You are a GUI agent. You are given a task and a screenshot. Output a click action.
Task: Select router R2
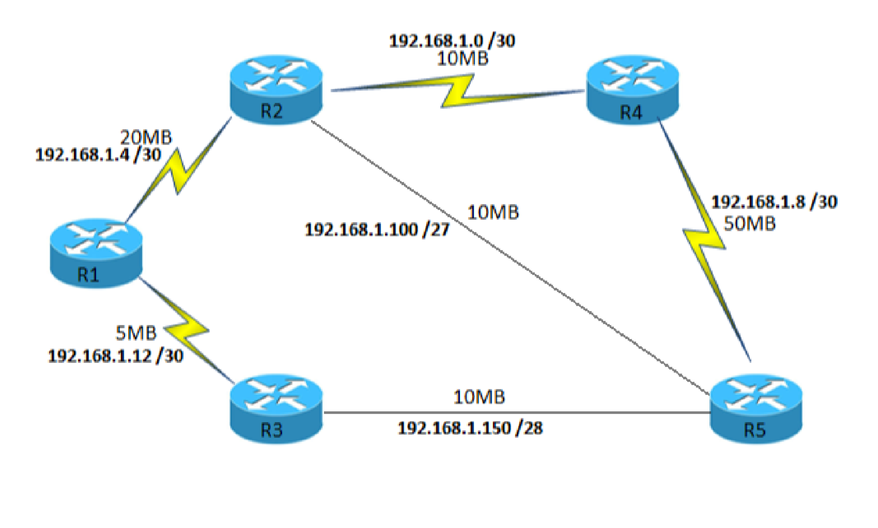click(276, 90)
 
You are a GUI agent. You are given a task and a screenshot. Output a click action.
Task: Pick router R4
click(633, 90)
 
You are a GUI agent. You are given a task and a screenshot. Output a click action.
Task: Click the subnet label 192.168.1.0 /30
click(452, 40)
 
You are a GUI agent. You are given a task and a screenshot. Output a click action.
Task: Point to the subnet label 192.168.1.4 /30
click(98, 154)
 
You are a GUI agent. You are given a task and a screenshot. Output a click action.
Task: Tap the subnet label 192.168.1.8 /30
click(774, 201)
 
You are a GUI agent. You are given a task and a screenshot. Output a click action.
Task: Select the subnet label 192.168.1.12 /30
click(115, 355)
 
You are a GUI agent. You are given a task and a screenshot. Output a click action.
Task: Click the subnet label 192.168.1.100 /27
click(377, 229)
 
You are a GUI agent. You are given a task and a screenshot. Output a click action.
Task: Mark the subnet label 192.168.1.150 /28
click(470, 428)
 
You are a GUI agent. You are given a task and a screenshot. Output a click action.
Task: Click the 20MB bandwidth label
click(146, 137)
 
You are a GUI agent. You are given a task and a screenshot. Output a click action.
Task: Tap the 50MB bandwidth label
click(749, 224)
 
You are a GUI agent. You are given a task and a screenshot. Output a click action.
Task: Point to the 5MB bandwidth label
click(135, 333)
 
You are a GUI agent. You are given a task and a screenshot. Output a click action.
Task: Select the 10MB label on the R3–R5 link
click(479, 397)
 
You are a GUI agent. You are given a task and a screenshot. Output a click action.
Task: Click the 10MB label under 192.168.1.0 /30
click(463, 58)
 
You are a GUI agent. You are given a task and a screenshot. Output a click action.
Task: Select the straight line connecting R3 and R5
click(517, 413)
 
